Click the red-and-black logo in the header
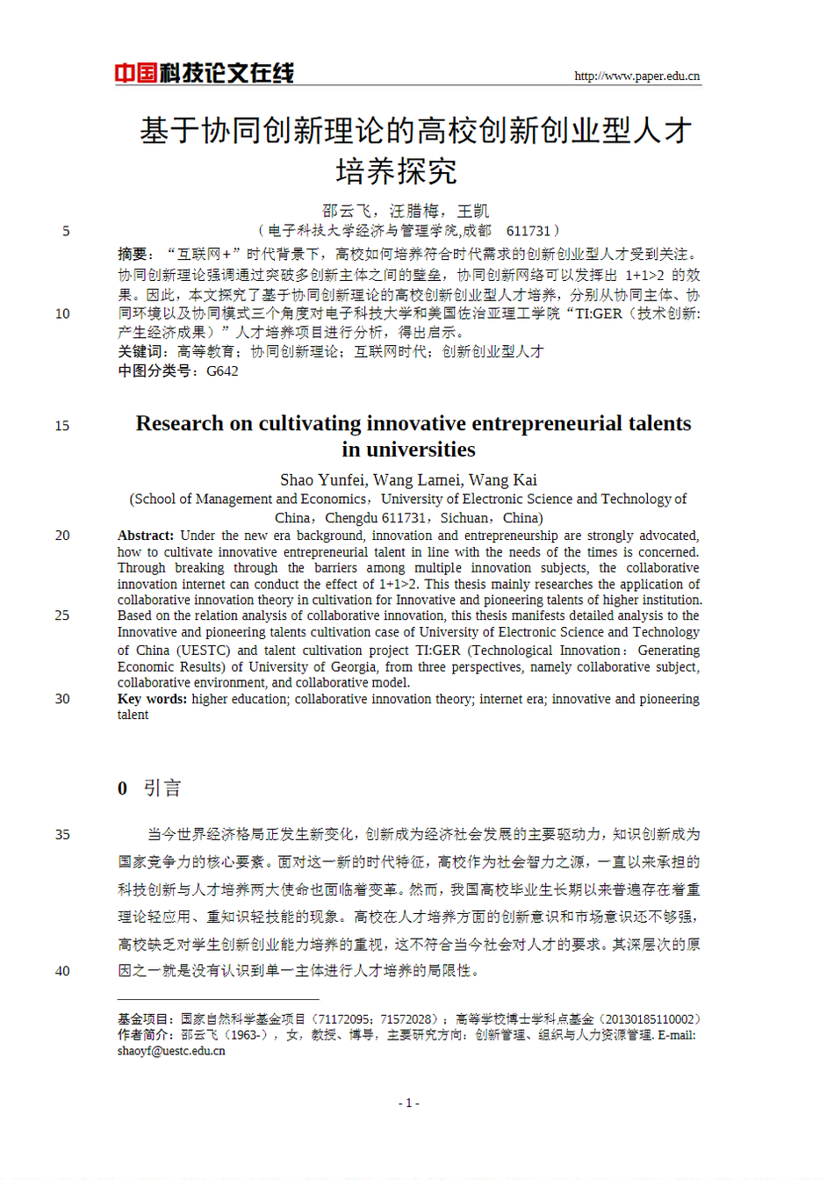click(x=204, y=73)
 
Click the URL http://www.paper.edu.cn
click(x=636, y=76)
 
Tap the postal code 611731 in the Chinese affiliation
click(x=528, y=231)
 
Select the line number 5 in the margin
click(x=66, y=231)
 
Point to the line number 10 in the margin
click(x=62, y=313)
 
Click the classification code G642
click(x=222, y=371)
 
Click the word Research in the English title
click(x=180, y=424)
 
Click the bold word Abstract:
click(x=146, y=536)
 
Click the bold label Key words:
click(x=152, y=699)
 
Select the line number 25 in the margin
click(x=62, y=615)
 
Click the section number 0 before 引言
click(x=123, y=788)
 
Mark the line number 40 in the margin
click(x=62, y=971)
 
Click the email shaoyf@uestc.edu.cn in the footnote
click(x=171, y=1051)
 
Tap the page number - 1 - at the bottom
click(x=409, y=1103)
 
